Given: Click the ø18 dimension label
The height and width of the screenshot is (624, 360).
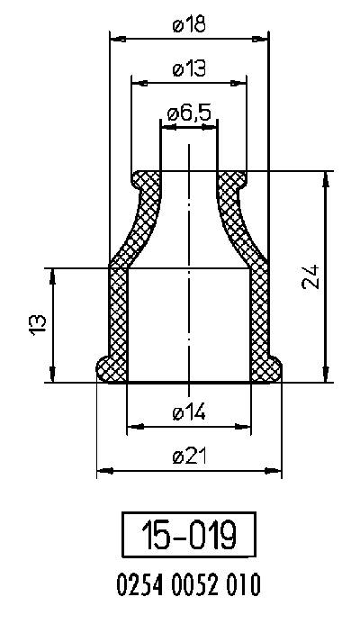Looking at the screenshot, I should point(189,25).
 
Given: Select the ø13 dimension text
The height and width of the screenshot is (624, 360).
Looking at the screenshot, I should point(189,69).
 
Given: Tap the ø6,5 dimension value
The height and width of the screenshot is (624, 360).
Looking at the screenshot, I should point(189,113).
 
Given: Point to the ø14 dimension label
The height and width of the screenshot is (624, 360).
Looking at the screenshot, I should point(189,411).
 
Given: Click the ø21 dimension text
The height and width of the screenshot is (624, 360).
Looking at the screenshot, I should point(189,457).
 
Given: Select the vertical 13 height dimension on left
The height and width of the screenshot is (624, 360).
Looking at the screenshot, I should point(38,324).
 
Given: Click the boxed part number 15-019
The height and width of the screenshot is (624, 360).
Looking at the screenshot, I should point(189,538).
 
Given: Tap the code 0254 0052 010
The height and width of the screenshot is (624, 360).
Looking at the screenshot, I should point(189,587).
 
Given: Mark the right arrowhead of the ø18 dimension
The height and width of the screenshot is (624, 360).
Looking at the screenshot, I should point(263,39).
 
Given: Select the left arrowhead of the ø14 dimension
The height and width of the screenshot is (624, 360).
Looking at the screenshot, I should point(133,425).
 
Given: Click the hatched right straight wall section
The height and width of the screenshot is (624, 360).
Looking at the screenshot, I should point(259,315).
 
